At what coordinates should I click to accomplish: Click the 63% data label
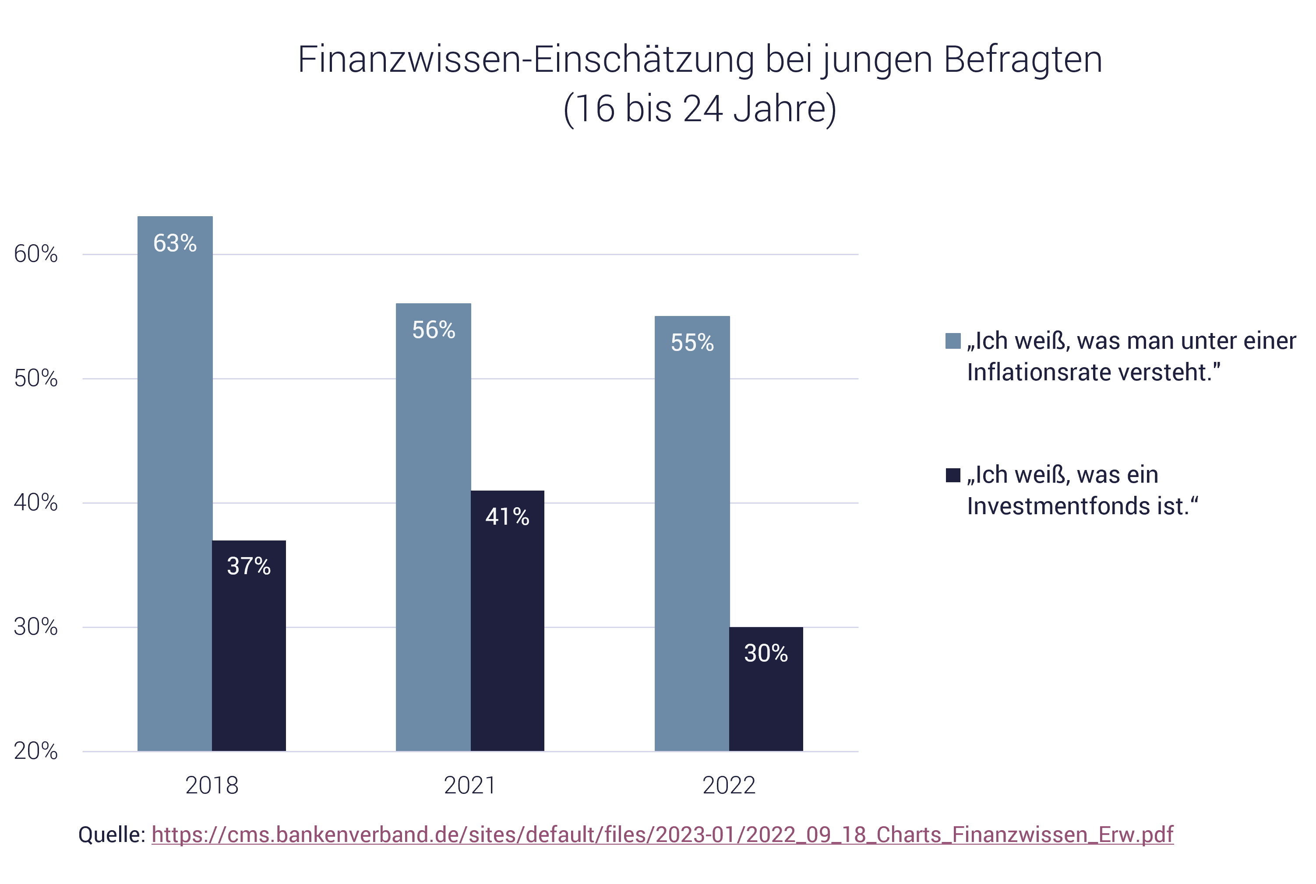pos(175,243)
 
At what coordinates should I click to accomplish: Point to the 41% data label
pos(507,516)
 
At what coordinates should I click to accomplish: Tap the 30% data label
pos(766,653)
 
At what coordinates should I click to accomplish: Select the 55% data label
pos(692,343)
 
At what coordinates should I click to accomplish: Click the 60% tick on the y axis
pos(35,254)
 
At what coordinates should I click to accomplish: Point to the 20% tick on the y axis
pos(35,751)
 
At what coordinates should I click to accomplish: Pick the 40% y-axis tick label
pos(35,502)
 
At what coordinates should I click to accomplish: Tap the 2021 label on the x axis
pos(470,786)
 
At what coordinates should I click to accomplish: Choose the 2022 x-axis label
pos(729,786)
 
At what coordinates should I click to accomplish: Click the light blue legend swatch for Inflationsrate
pos(953,341)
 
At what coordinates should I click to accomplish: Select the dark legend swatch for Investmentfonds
pos(953,475)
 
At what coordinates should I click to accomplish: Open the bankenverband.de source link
pos(662,835)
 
